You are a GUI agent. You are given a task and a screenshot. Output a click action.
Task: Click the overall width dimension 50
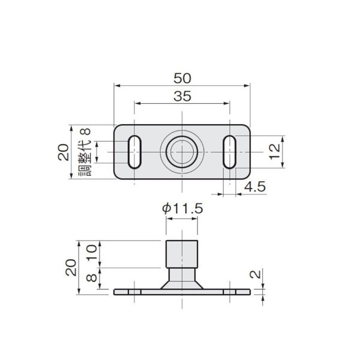point(182,77)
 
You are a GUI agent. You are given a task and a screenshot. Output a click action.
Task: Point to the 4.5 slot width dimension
point(254,187)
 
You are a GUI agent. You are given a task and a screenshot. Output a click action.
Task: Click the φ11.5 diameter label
point(182,209)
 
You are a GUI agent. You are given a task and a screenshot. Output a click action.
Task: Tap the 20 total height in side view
point(70,266)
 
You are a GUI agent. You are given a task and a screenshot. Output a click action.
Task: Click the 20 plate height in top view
point(62,152)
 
